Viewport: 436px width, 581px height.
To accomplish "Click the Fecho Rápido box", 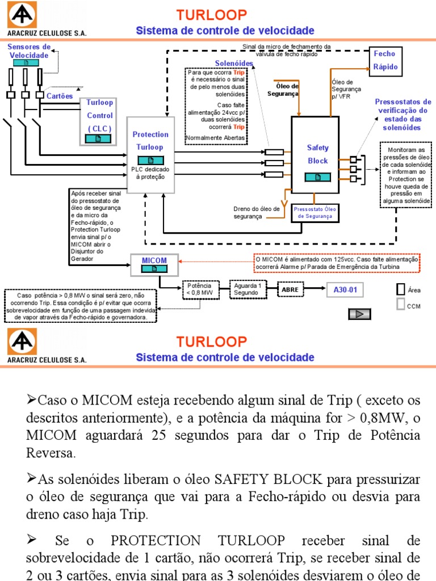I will [x=384, y=60].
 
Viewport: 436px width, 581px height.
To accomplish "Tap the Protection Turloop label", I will [x=150, y=141].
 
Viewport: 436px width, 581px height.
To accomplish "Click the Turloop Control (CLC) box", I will [x=100, y=120].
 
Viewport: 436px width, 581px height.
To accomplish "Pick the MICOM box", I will [x=154, y=264].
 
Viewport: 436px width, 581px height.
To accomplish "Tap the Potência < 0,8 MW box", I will [x=199, y=289].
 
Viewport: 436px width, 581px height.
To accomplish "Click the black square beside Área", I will [x=400, y=289].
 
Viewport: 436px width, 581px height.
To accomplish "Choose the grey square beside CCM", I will [x=400, y=305].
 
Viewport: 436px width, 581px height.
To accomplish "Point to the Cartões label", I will [x=59, y=96].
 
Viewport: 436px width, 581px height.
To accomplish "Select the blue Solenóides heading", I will [x=234, y=63].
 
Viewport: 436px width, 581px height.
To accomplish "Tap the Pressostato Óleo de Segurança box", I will [x=316, y=212].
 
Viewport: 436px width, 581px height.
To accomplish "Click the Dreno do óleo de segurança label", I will [x=257, y=213].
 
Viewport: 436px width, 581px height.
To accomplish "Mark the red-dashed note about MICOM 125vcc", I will [x=336, y=263].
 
